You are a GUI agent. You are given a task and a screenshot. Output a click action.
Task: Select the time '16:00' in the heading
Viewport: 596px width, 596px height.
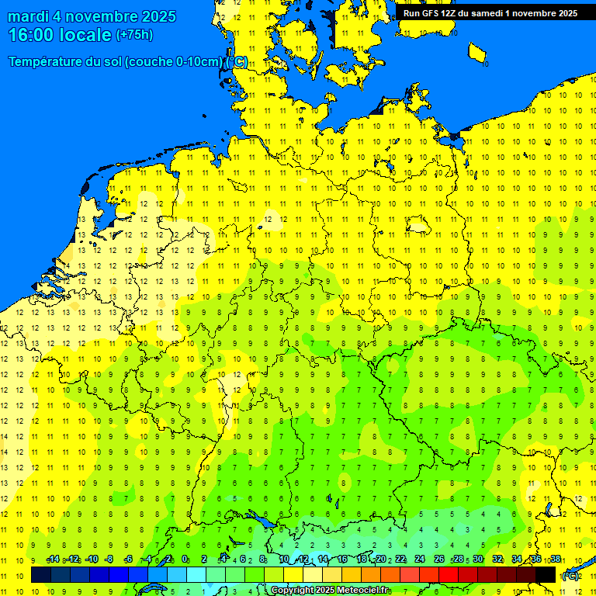pos(31,35)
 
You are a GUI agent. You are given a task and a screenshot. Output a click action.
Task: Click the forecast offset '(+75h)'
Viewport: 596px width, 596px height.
pos(134,35)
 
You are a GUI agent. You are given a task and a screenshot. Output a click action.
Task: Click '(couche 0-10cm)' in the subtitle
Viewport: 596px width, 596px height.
pos(174,62)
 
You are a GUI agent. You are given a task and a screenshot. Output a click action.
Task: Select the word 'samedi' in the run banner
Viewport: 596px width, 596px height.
pos(497,13)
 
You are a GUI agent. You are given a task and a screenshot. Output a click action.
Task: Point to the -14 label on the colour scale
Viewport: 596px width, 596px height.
pos(53,560)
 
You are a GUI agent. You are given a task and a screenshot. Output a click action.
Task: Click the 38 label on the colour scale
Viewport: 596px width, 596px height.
pos(556,560)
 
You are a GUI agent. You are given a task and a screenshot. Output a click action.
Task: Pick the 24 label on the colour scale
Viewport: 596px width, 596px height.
pos(420,560)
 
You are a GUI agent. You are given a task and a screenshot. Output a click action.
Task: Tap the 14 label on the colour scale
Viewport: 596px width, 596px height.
pos(323,560)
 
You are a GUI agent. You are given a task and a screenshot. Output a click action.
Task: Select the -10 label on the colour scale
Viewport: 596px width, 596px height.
pos(92,560)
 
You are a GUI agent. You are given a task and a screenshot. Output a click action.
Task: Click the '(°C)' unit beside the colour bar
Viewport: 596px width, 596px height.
pos(570,576)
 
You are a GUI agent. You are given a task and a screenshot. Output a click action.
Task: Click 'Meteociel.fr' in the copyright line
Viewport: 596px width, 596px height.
pos(362,591)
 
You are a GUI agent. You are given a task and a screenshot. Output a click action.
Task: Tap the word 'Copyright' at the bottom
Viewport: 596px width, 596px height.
pos(293,591)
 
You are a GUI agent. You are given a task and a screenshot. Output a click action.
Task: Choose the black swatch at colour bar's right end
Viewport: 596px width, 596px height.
pos(546,574)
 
